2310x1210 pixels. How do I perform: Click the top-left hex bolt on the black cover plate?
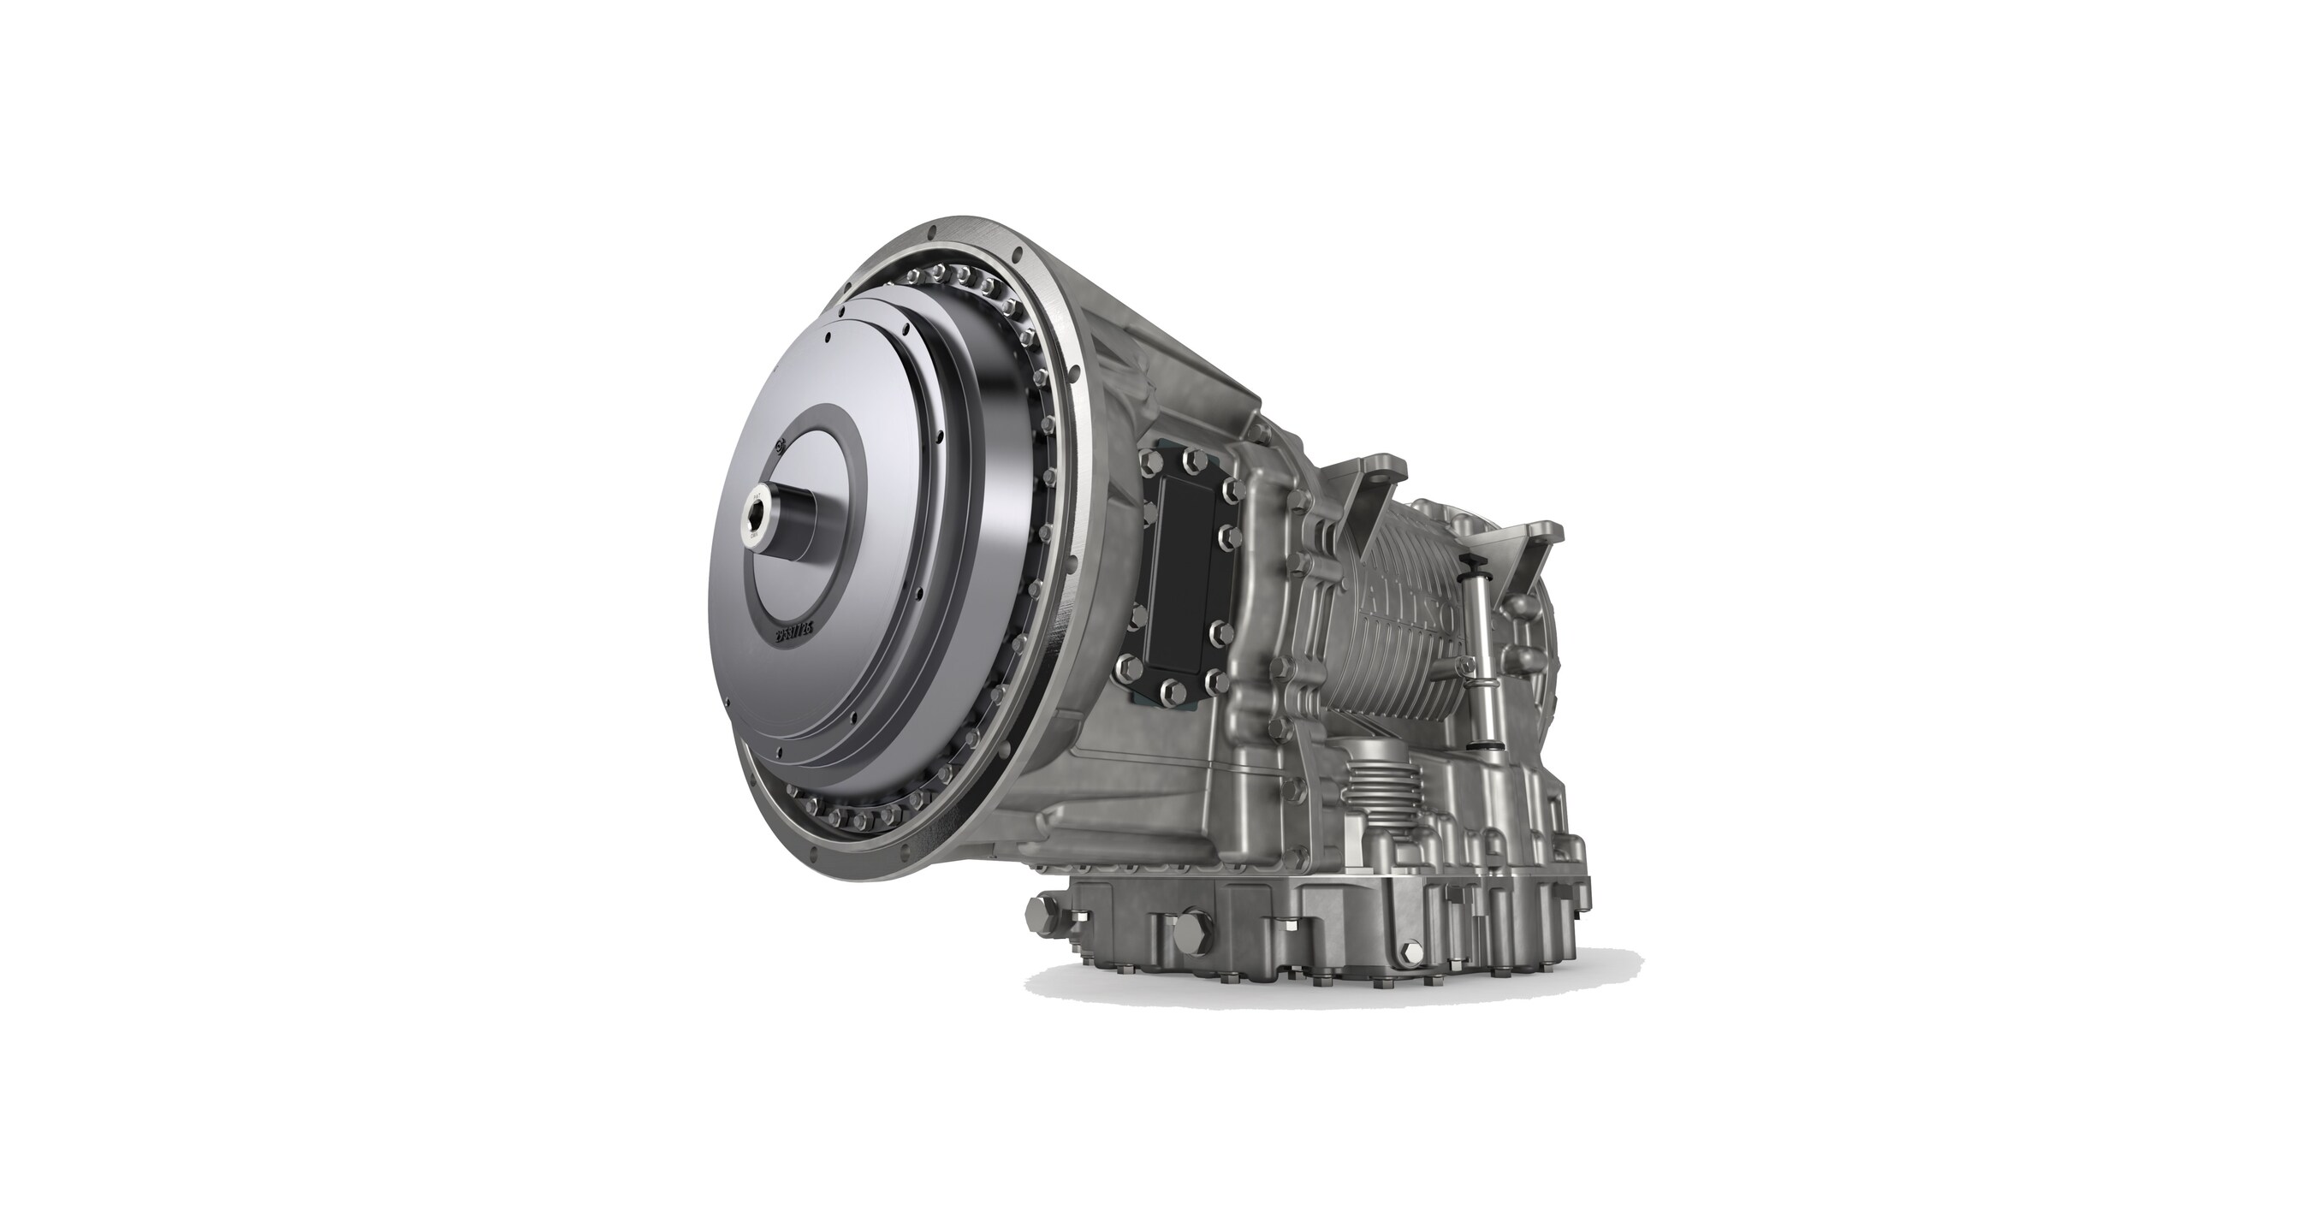(x=1147, y=460)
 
